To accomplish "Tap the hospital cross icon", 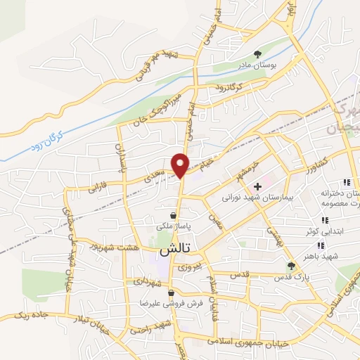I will [258, 186].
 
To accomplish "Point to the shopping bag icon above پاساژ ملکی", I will [173, 216].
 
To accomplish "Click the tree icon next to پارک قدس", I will [291, 265].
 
